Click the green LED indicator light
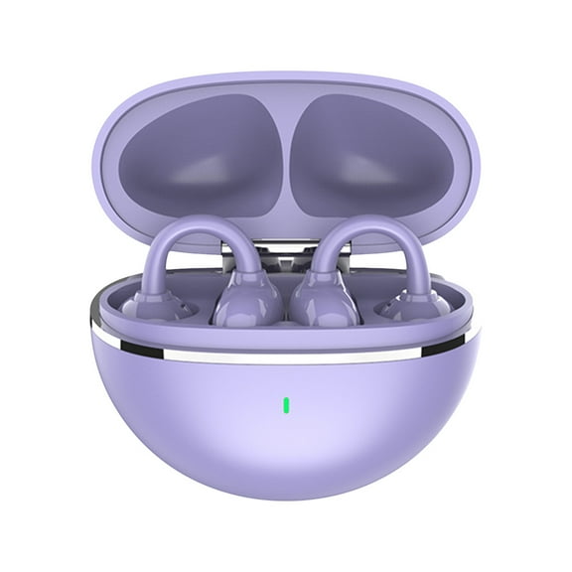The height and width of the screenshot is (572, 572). pyautogui.click(x=286, y=405)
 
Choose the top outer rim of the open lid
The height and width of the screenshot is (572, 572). pyautogui.click(x=286, y=77)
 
